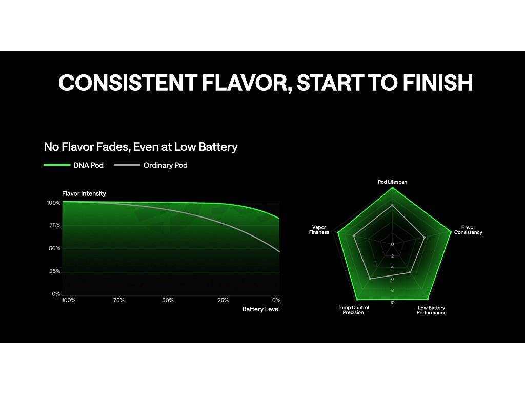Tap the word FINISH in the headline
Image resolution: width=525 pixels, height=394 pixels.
tap(438, 83)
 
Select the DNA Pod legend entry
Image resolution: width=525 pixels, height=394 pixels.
tap(74, 165)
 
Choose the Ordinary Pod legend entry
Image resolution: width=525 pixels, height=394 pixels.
tap(151, 165)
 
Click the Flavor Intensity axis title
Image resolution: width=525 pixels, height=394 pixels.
tap(84, 193)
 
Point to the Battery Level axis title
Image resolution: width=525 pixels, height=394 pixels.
tap(261, 309)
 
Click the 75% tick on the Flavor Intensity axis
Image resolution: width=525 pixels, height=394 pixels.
tap(55, 226)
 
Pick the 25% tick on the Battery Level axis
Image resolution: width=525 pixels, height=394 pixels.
tap(223, 300)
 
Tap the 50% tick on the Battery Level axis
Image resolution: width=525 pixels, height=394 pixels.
tap(168, 300)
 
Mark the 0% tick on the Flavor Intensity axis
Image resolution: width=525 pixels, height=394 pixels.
tap(56, 294)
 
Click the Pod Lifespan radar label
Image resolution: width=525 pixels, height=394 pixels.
tap(392, 182)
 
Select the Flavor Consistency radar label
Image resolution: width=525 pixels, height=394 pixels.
tap(468, 230)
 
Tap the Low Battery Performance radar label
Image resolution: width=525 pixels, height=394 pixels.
tap(431, 310)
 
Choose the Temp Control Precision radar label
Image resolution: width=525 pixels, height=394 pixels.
tap(353, 310)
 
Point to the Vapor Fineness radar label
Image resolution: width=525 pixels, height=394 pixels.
tap(319, 230)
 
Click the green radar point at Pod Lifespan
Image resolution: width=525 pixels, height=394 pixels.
tap(392, 188)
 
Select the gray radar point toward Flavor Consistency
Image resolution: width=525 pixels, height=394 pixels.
tap(425, 237)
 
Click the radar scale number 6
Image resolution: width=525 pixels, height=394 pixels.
tap(392, 279)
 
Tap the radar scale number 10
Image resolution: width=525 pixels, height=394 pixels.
tap(392, 303)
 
